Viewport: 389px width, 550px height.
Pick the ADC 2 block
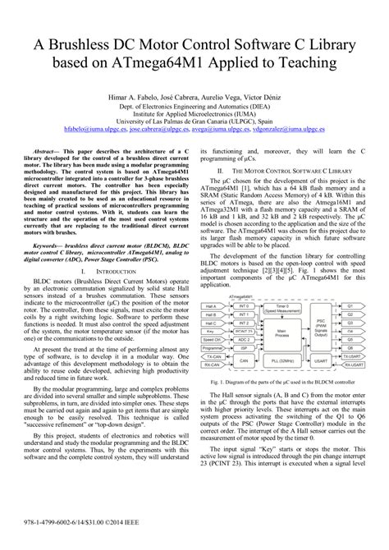click(243, 338)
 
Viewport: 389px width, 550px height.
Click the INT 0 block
click(243, 303)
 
